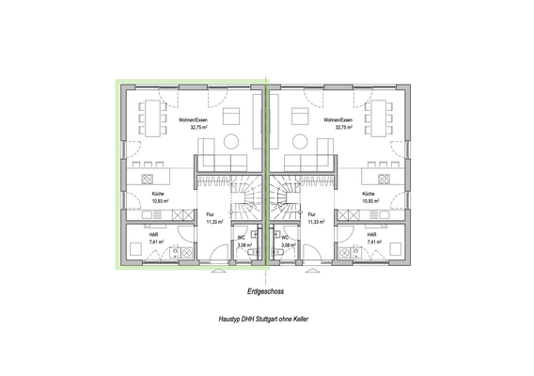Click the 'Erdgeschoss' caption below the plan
tap(267, 292)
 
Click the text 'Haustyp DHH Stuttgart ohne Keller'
tap(267, 321)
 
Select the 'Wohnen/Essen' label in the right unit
tap(336, 121)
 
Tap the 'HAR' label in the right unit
tap(372, 234)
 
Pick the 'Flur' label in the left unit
tap(210, 214)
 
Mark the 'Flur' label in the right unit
tap(310, 214)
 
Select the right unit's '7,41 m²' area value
tap(374, 242)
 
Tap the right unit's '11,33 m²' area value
tap(316, 222)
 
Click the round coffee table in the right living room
tap(301, 141)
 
